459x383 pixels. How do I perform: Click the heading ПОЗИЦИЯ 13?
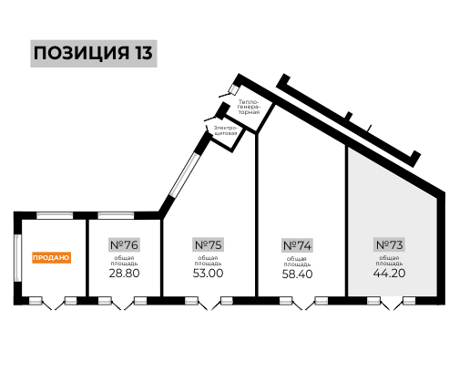pyautogui.click(x=94, y=53)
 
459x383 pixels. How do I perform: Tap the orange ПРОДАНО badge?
pyautogui.click(x=52, y=258)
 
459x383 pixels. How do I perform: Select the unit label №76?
pyautogui.click(x=124, y=244)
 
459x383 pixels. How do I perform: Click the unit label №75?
pyautogui.click(x=208, y=244)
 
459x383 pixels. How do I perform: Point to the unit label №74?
pyautogui.click(x=297, y=245)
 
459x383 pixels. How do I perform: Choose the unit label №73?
pyautogui.click(x=389, y=244)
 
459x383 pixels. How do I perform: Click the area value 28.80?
pyautogui.click(x=124, y=273)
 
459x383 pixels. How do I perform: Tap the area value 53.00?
pyautogui.click(x=208, y=273)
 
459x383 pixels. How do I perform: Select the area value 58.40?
pyautogui.click(x=297, y=274)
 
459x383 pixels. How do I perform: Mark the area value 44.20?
pyautogui.click(x=389, y=273)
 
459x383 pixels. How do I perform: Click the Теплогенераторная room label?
pyautogui.click(x=249, y=107)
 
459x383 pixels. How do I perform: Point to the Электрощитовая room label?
pyautogui.click(x=225, y=130)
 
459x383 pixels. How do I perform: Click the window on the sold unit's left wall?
pyautogui.click(x=18, y=258)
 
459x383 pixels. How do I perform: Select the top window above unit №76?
pyautogui.click(x=116, y=215)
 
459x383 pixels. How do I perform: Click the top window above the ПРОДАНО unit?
pyautogui.click(x=55, y=215)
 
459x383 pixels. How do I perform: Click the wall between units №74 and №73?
pyautogui.click(x=346, y=220)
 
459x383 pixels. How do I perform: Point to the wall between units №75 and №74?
pyautogui.click(x=257, y=214)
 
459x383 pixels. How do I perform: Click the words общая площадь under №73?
pyautogui.click(x=389, y=261)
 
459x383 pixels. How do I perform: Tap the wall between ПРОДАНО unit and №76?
pyautogui.click(x=87, y=258)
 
